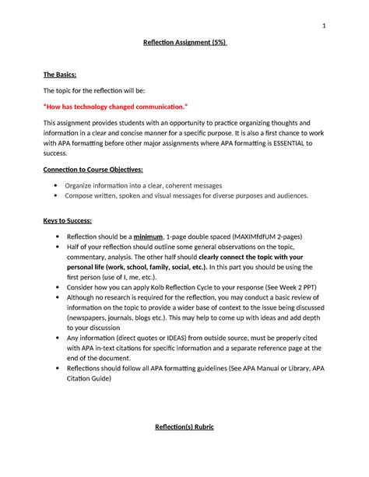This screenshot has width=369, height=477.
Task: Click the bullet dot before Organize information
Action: coord(55,186)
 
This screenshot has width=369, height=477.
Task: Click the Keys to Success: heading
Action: coord(70,221)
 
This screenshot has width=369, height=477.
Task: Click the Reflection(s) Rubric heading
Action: coord(184,427)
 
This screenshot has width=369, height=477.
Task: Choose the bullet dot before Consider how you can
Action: coord(55,286)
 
